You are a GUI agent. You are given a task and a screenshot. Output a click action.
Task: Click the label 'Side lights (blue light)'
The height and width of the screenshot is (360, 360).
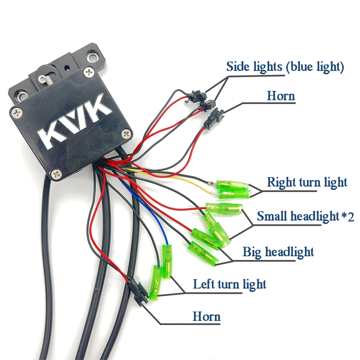tap(285, 67)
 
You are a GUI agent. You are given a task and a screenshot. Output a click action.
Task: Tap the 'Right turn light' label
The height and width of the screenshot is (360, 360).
tap(307, 182)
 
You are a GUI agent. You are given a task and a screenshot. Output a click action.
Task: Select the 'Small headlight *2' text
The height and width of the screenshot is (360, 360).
tap(305, 216)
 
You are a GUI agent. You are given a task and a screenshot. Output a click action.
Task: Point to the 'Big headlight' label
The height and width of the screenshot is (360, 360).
tap(278, 252)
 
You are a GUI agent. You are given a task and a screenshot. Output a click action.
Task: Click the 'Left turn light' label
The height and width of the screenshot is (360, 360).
tap(229, 284)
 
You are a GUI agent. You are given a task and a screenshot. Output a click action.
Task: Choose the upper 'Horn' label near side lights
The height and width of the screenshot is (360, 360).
tap(281, 96)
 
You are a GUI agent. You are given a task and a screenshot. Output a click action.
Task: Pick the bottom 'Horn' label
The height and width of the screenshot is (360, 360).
tap(206, 316)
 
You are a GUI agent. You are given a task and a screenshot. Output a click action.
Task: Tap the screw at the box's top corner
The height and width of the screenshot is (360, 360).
tap(89, 73)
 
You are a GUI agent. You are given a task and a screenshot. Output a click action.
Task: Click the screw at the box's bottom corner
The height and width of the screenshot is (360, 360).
tap(56, 174)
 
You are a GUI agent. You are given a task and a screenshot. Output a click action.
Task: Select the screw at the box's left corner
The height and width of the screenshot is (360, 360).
tap(17, 113)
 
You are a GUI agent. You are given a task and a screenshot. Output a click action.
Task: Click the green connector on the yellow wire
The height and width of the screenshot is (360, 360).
tap(234, 194)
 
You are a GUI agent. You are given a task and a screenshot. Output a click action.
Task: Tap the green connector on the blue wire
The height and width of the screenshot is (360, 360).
tap(167, 262)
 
